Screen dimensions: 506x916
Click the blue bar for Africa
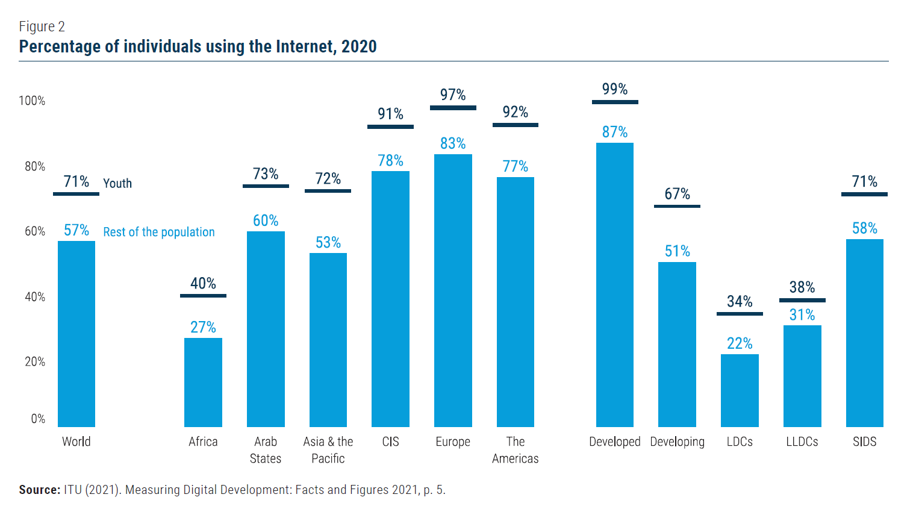[x=203, y=382]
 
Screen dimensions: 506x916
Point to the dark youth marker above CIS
[x=390, y=126]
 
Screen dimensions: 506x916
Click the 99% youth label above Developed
[x=615, y=89]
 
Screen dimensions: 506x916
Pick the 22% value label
[x=740, y=343]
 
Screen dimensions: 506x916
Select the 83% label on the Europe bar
[x=453, y=143]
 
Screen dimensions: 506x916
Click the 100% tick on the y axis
[x=32, y=101]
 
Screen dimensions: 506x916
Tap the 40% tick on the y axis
[x=35, y=297]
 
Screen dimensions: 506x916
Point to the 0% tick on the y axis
[x=38, y=419]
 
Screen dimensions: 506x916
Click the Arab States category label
[x=266, y=450]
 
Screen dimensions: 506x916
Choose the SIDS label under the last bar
[x=864, y=442]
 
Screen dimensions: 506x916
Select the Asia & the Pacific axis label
[x=328, y=450]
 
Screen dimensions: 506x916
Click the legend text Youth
[x=117, y=184]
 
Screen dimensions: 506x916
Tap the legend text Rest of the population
[x=159, y=232]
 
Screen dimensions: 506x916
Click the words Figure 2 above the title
[x=42, y=27]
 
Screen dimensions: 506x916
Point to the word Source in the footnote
[x=39, y=490]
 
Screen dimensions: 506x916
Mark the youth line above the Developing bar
[x=677, y=206]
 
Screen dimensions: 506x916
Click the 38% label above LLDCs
[x=802, y=287]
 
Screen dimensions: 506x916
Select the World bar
[x=76, y=334]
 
